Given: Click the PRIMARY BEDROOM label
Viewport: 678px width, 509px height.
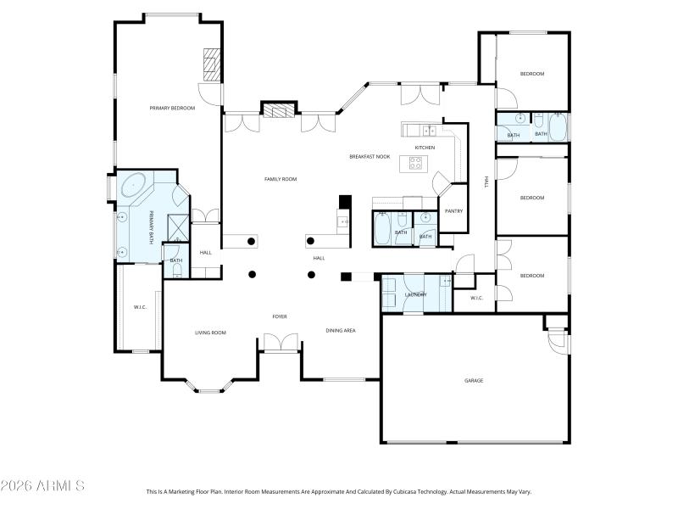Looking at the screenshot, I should tap(172, 108).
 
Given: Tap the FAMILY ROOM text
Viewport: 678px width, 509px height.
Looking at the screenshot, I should tap(280, 179).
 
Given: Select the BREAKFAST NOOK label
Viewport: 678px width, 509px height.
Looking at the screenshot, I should tap(370, 156).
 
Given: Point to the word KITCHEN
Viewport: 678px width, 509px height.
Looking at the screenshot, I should tap(425, 148).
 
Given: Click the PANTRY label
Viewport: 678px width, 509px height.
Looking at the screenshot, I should tap(453, 210).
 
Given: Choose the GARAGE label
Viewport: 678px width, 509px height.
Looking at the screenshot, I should tap(474, 380).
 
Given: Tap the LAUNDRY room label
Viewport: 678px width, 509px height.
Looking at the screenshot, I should tap(415, 294).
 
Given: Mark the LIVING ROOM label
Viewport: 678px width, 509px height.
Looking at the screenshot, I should tap(210, 333).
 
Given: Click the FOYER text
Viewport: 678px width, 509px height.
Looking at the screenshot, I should tap(280, 316).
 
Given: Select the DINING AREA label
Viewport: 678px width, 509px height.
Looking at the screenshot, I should tap(341, 330).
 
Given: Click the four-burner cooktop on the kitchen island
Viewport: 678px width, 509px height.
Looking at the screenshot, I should tap(416, 162).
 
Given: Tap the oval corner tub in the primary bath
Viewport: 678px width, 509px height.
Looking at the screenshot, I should tap(135, 186).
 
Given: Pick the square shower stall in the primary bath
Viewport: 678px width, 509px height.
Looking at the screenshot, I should tap(178, 226).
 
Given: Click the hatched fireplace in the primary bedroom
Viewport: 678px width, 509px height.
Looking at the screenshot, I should tap(211, 64).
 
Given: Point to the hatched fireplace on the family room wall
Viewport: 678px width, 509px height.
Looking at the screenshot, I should tap(279, 109).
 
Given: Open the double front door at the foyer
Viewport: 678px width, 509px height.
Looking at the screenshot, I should tap(280, 343).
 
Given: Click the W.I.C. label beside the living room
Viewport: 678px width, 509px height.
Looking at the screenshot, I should tap(141, 306).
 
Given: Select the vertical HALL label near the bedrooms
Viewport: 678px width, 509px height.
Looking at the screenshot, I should tap(486, 182).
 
